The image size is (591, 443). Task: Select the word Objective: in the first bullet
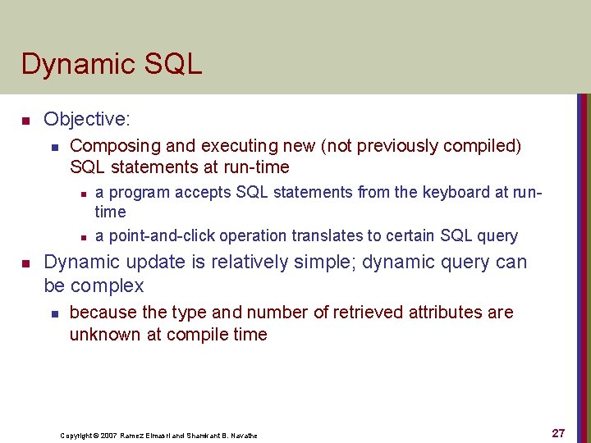tap(86, 120)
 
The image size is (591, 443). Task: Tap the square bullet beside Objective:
tap(25, 121)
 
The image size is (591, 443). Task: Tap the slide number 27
tap(558, 433)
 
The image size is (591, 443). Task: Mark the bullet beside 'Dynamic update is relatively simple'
tap(25, 264)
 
